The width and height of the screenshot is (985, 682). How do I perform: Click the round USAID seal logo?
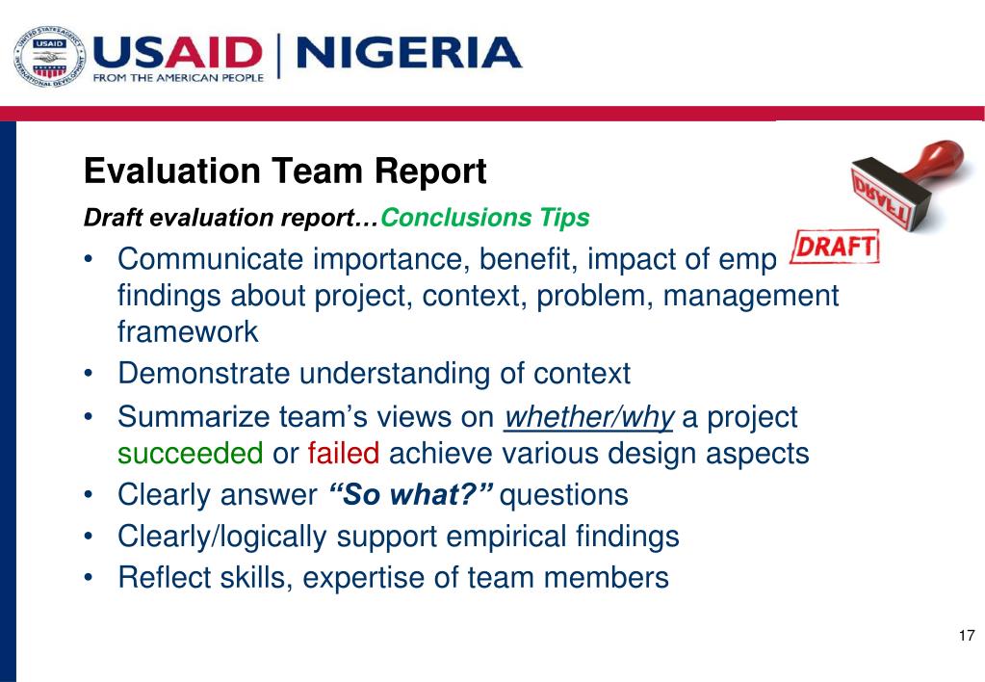coord(49,57)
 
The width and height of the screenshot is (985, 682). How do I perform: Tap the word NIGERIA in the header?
coord(408,52)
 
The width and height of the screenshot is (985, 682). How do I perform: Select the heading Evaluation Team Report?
coord(285,172)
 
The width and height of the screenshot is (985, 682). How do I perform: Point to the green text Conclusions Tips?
coord(485,218)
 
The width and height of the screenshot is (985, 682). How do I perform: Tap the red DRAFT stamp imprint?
coord(835,248)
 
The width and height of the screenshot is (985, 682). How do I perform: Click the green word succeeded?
coord(190,453)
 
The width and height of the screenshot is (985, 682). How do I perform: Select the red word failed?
coord(344,453)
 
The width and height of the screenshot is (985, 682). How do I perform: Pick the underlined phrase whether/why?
coord(589,418)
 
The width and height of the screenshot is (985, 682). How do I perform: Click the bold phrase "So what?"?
coord(411,495)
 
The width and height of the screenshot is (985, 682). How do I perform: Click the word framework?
coord(188,331)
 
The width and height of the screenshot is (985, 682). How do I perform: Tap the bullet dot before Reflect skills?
coord(89,578)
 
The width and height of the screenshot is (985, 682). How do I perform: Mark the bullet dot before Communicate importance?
coord(89,260)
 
